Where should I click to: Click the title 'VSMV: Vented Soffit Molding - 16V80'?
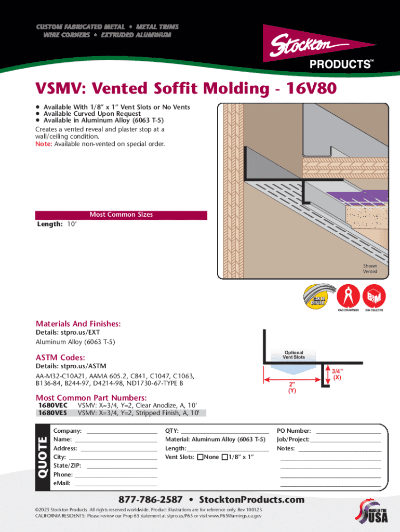(185, 89)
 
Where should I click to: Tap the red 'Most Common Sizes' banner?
(121, 215)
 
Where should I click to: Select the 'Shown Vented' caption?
(370, 269)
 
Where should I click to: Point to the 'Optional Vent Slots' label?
(294, 355)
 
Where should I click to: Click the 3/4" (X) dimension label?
(337, 375)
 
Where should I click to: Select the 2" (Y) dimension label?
(292, 388)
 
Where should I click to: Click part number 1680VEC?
(53, 405)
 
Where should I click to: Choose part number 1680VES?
(53, 413)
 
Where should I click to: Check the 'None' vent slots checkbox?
(199, 457)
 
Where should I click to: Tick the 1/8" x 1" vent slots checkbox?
(224, 457)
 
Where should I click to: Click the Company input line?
(122, 432)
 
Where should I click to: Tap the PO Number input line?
(348, 432)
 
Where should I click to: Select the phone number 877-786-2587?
(151, 500)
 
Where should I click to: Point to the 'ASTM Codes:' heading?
(60, 357)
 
